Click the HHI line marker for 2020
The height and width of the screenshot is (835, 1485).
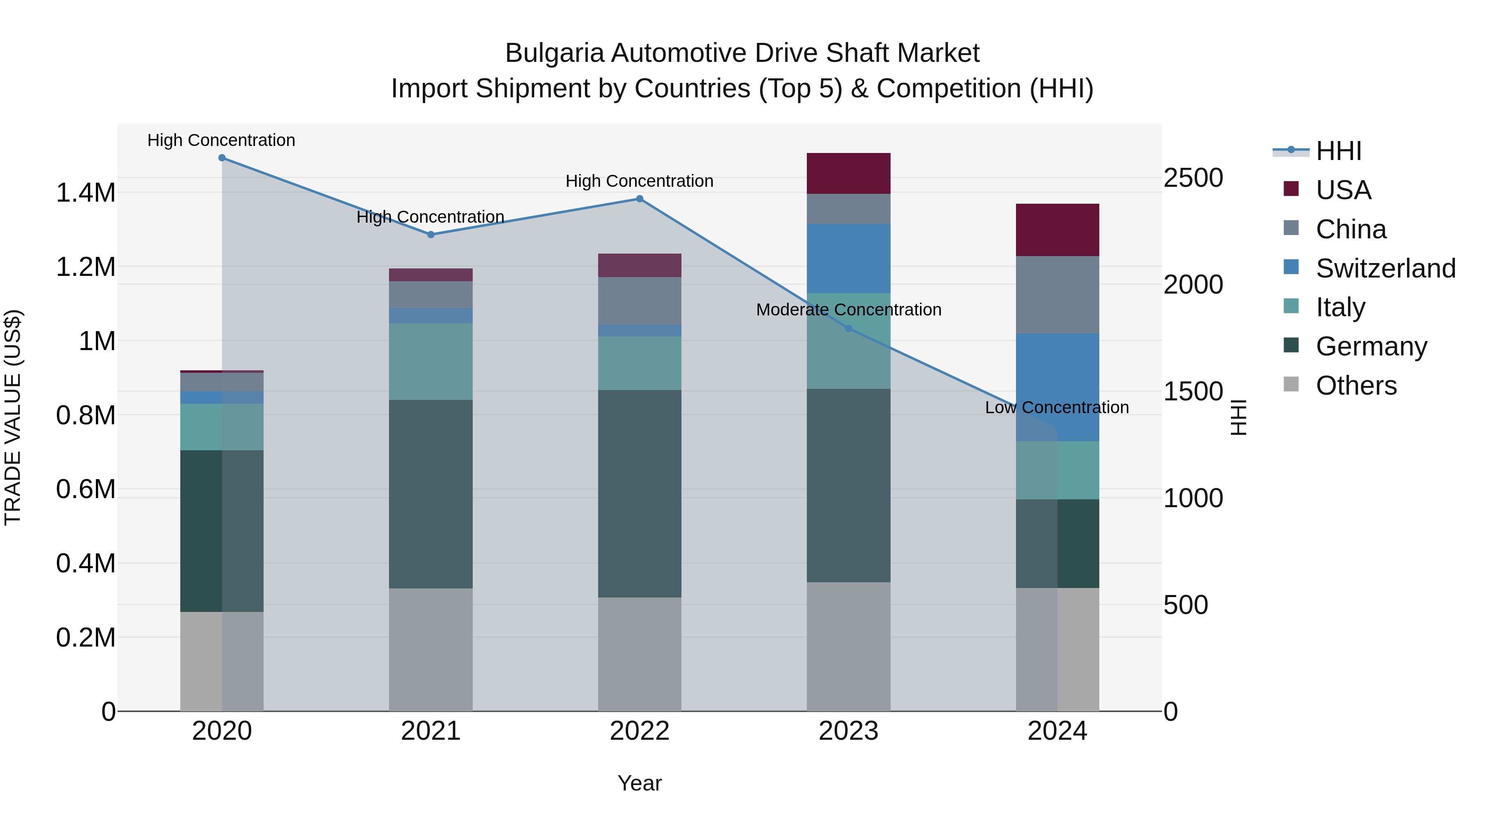coord(222,158)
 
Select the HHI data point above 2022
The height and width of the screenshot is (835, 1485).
coord(639,199)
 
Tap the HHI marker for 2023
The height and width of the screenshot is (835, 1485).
coord(848,329)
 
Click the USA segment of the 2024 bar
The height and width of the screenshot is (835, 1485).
coord(1057,230)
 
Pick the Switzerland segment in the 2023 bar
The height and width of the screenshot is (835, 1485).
coord(848,258)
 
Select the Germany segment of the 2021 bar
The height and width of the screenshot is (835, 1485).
coord(431,494)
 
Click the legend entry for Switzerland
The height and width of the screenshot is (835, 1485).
coord(1385,268)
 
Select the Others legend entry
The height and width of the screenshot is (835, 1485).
coord(1356,386)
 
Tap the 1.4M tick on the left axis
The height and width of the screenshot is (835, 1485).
coord(86,193)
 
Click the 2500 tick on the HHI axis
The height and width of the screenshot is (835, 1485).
coord(1193,178)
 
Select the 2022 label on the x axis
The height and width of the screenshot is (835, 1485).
coord(639,731)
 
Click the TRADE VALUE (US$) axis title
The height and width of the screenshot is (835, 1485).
coord(13,417)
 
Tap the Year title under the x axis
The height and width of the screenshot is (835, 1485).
coord(639,783)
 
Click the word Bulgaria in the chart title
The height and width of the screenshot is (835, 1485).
coord(554,53)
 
